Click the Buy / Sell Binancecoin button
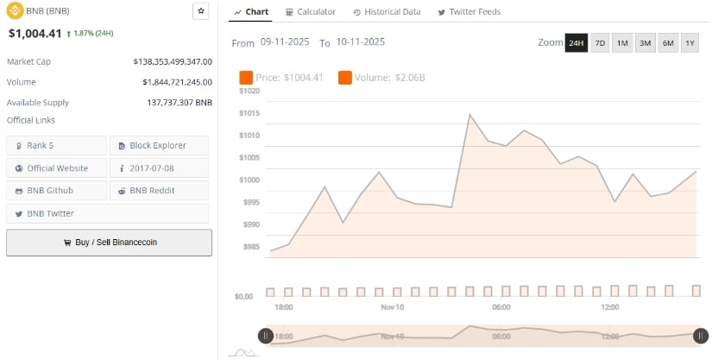tap(109, 243)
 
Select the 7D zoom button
tap(600, 42)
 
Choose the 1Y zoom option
tap(690, 42)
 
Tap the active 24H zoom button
tap(576, 42)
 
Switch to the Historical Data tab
tap(387, 12)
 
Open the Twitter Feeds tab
tap(469, 12)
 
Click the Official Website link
tap(56, 167)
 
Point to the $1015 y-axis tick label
tap(249, 113)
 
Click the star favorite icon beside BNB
tap(201, 11)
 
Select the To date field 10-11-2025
tap(361, 42)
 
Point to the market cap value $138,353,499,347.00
tap(173, 61)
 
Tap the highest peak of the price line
tap(469, 114)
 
